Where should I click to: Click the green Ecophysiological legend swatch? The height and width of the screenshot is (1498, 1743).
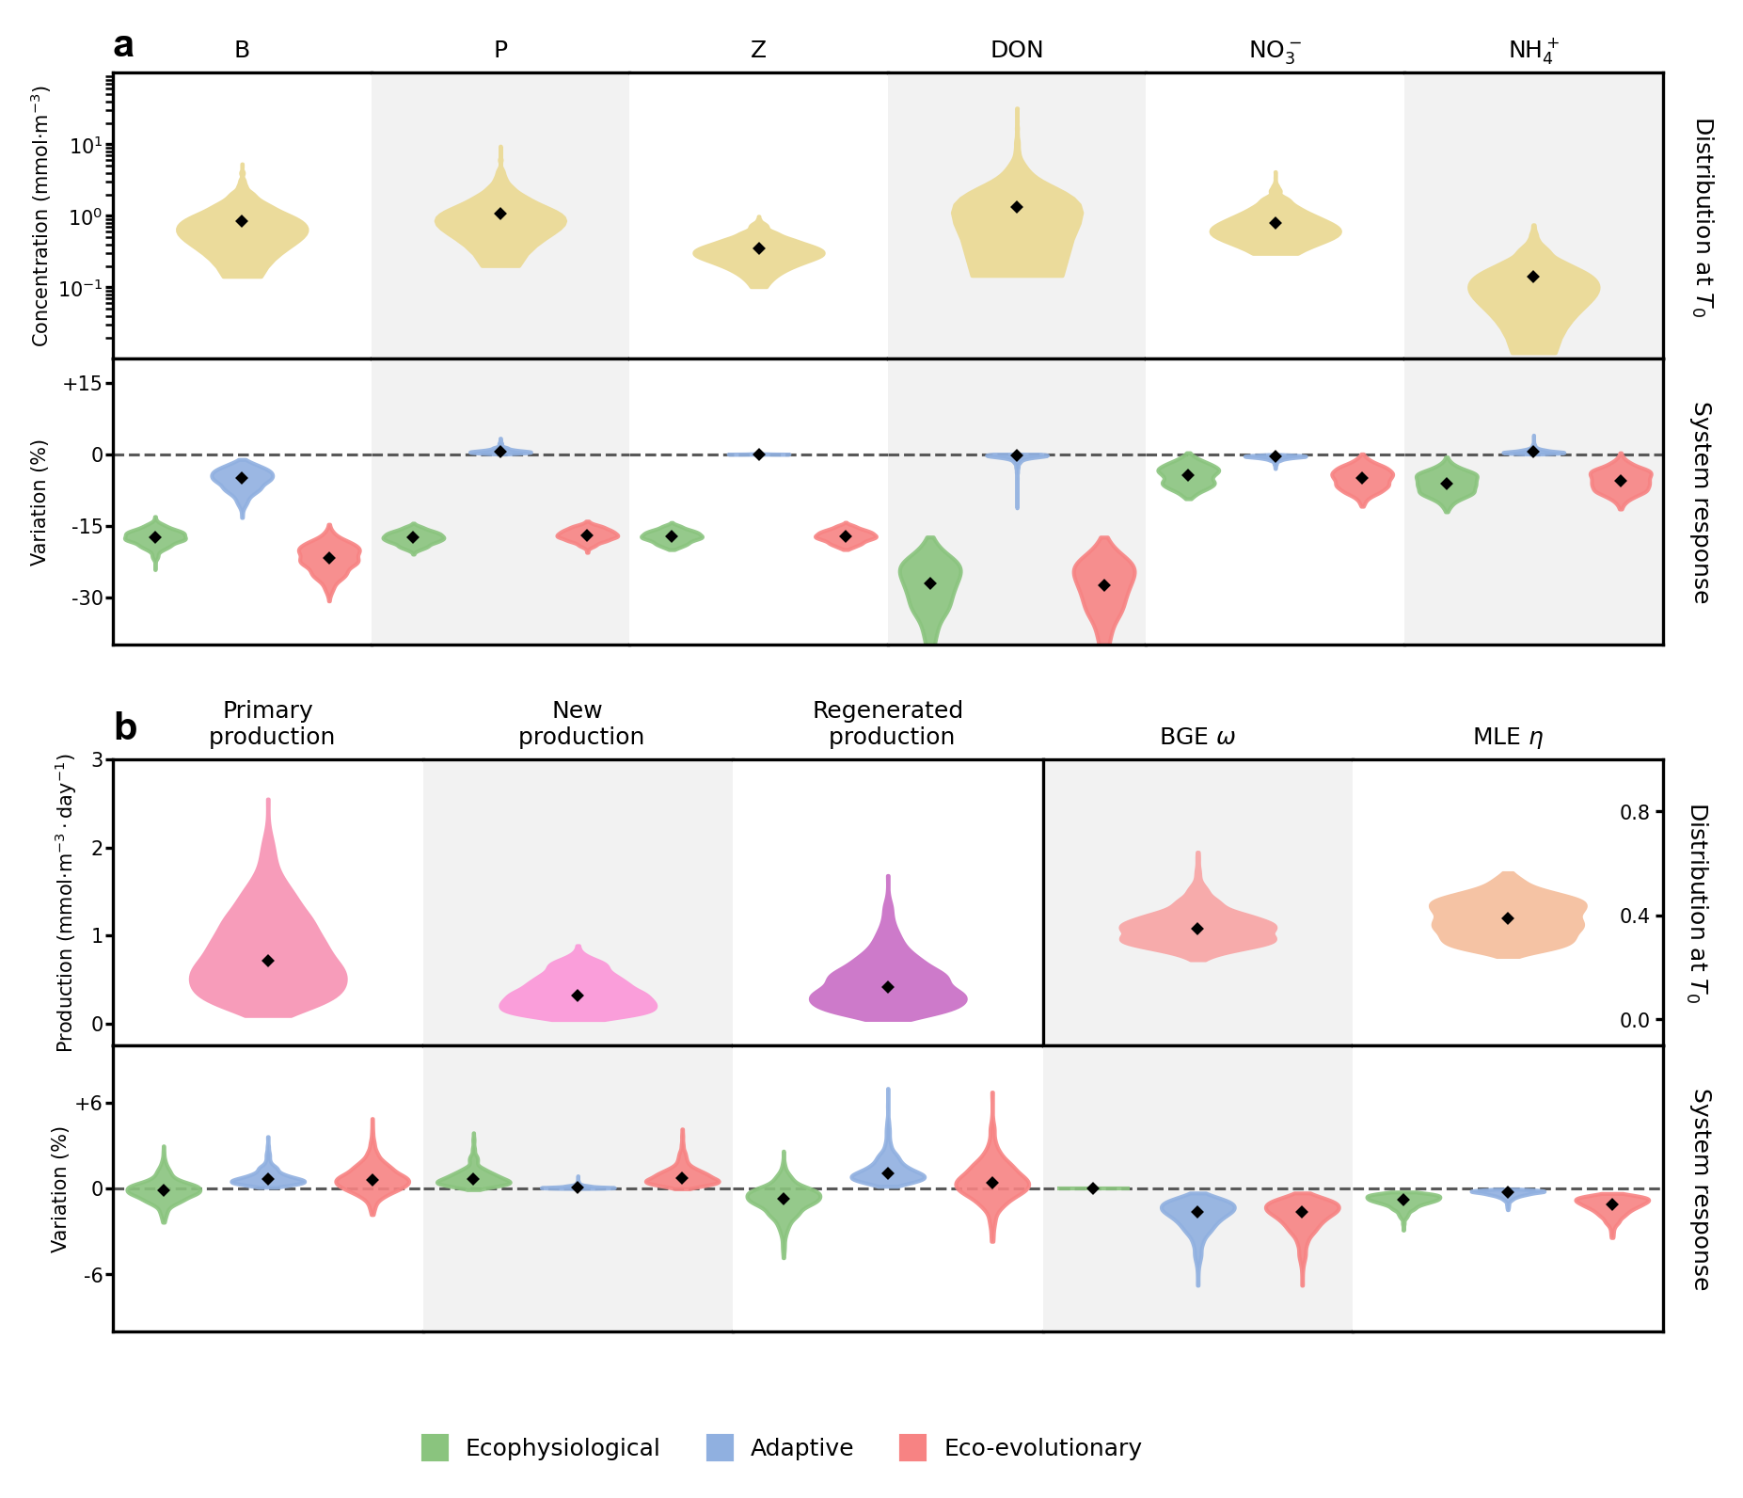[435, 1447]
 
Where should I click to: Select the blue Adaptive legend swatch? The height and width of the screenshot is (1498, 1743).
[720, 1447]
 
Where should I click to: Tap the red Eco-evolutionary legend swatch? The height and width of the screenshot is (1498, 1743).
[912, 1447]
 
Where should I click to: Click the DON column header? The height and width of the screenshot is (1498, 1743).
[1016, 50]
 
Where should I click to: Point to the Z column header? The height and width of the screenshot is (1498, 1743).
[758, 50]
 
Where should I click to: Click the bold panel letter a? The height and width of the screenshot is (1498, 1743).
[123, 45]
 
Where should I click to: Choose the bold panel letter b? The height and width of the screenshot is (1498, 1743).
[125, 727]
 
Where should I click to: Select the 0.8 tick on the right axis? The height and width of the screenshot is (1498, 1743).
[1634, 812]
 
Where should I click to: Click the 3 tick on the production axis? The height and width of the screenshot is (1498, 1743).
[97, 759]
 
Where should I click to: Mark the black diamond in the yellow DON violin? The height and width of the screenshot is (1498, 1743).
[1017, 207]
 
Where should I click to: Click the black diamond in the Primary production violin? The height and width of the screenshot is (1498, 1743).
[268, 961]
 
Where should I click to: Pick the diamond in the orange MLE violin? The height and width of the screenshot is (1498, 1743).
[1508, 918]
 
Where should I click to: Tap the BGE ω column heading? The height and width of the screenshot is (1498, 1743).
[1197, 737]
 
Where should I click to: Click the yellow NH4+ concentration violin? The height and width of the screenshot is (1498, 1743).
[1533, 301]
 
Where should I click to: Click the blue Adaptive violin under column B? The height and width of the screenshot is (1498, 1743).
[242, 478]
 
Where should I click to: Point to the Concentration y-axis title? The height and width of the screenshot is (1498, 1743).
[40, 216]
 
